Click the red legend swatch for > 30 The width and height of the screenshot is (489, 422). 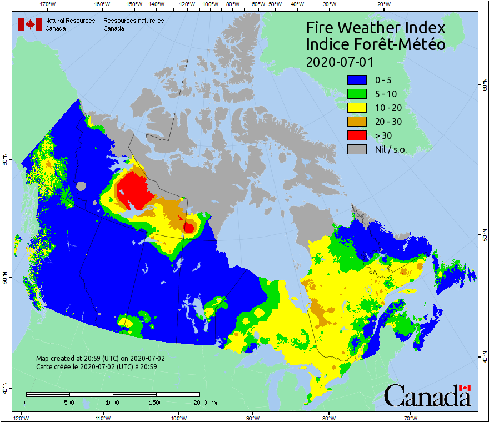(357, 135)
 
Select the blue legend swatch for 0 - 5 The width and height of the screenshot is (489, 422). (357, 79)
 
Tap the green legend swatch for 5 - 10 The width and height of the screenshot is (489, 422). (357, 93)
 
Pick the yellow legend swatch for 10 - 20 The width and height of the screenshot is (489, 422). (357, 107)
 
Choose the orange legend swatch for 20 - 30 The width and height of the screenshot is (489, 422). (357, 121)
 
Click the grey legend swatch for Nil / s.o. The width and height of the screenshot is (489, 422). (357, 149)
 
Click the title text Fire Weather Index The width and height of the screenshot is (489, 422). (376, 28)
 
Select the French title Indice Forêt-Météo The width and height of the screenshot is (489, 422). (376, 44)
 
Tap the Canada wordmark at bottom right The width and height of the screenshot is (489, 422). (427, 396)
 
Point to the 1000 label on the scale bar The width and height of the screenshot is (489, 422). (113, 402)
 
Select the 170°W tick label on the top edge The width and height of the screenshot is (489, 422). (48, 4)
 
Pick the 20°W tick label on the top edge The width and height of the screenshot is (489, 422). (382, 4)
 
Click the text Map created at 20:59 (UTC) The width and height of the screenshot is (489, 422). (100, 359)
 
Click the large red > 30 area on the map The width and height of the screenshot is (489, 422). (135, 192)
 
